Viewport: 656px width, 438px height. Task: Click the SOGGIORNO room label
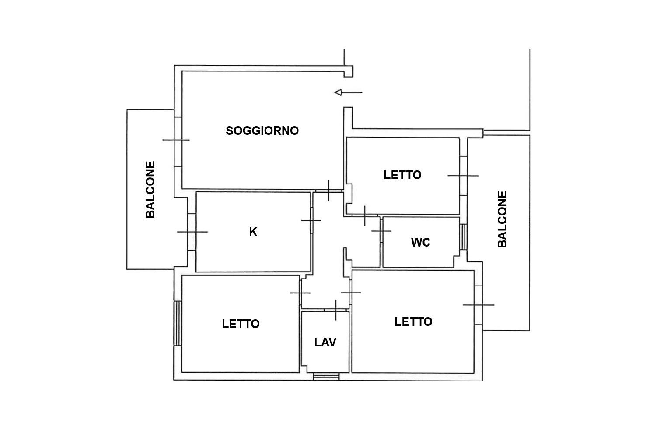coord(262,131)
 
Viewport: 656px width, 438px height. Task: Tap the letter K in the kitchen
coord(253,232)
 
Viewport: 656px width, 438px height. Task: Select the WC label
coord(421,242)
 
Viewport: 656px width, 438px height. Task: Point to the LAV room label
coord(325,343)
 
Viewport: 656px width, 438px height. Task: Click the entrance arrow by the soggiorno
coord(348,92)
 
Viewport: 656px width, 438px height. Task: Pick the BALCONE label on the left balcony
coord(150,190)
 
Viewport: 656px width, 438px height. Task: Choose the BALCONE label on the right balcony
coord(502,219)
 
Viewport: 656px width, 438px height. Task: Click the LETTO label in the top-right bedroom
coord(402,175)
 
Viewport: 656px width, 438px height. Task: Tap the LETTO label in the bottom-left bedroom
coord(241,324)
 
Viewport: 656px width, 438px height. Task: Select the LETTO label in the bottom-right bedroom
coord(413,322)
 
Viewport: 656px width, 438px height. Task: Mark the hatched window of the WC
coord(463,237)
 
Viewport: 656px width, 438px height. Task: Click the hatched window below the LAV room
coord(326,377)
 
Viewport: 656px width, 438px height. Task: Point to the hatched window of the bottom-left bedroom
coord(178,323)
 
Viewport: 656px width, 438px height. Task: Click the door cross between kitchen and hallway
coord(311,220)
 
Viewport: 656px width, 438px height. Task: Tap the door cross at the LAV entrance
coord(335,310)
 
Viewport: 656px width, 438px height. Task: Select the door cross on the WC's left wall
coord(381,231)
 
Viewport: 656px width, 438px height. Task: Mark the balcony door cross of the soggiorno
coord(176,140)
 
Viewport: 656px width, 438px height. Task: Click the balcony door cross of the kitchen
coord(192,232)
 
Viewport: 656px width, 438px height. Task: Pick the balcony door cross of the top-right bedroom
coord(463,176)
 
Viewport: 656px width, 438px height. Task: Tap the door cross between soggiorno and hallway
coord(328,191)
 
